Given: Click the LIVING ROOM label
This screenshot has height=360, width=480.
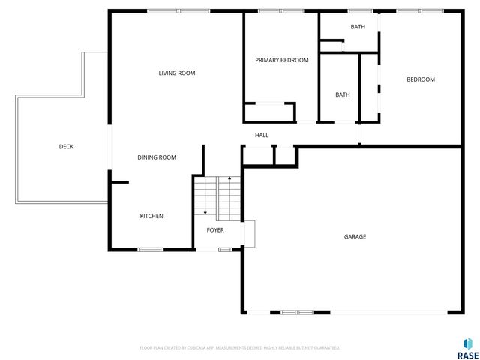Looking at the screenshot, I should [177, 73].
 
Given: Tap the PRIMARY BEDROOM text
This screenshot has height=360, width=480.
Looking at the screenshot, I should [281, 60].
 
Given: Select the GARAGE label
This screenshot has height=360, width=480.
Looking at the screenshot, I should [355, 236].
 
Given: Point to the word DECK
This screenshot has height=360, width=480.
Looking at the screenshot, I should [66, 146].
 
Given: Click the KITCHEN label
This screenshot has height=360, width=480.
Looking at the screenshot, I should [151, 216].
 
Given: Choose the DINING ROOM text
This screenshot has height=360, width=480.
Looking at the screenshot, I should [156, 157].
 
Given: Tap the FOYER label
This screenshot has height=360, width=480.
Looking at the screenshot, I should [215, 229].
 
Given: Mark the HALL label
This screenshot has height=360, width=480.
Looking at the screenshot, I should [262, 135].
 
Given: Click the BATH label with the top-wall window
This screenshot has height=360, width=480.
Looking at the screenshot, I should [358, 27].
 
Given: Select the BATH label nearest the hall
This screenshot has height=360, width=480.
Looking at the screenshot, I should [342, 94].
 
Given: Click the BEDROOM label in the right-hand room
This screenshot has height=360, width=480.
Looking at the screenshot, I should [420, 79].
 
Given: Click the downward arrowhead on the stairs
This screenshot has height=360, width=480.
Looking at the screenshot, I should [205, 212].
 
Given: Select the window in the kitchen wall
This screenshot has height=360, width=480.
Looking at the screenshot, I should [150, 249].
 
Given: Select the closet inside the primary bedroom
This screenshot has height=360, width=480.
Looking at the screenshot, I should [268, 112].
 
